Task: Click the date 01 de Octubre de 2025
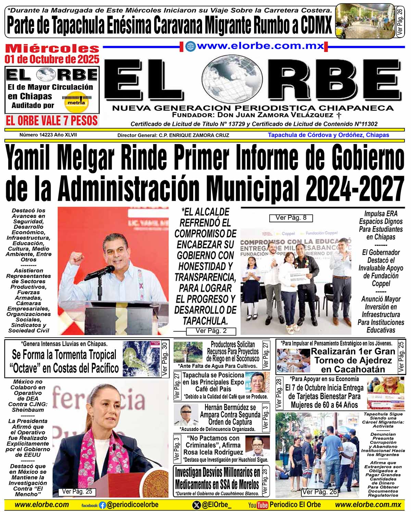52,59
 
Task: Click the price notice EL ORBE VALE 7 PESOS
52,120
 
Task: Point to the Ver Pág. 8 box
291,218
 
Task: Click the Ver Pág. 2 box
211,331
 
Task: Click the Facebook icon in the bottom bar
102,505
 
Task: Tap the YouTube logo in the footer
258,505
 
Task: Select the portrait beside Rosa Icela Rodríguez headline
257,446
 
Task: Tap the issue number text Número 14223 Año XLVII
48,135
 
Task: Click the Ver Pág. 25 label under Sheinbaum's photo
77,492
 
